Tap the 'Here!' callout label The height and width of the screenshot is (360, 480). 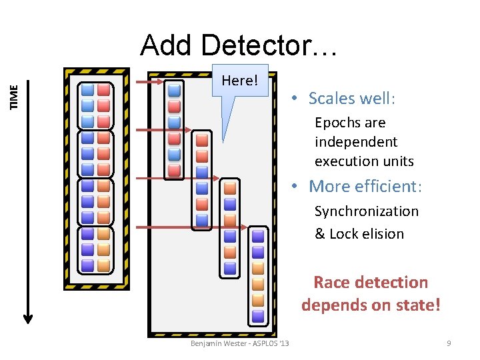(239, 81)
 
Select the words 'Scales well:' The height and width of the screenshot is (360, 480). (352, 99)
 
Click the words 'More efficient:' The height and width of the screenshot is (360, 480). (366, 186)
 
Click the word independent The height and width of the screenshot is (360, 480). (356, 142)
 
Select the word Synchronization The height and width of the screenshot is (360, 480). (367, 211)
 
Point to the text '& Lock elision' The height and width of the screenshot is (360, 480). (359, 234)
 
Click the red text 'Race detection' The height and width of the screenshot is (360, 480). (371, 282)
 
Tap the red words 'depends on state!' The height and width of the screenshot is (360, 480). (371, 305)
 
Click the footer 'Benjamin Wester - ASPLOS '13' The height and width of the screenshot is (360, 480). (239, 343)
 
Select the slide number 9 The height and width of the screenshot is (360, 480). (449, 343)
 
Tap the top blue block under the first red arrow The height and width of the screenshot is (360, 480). (174, 90)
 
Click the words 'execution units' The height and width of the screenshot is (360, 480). (364, 161)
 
